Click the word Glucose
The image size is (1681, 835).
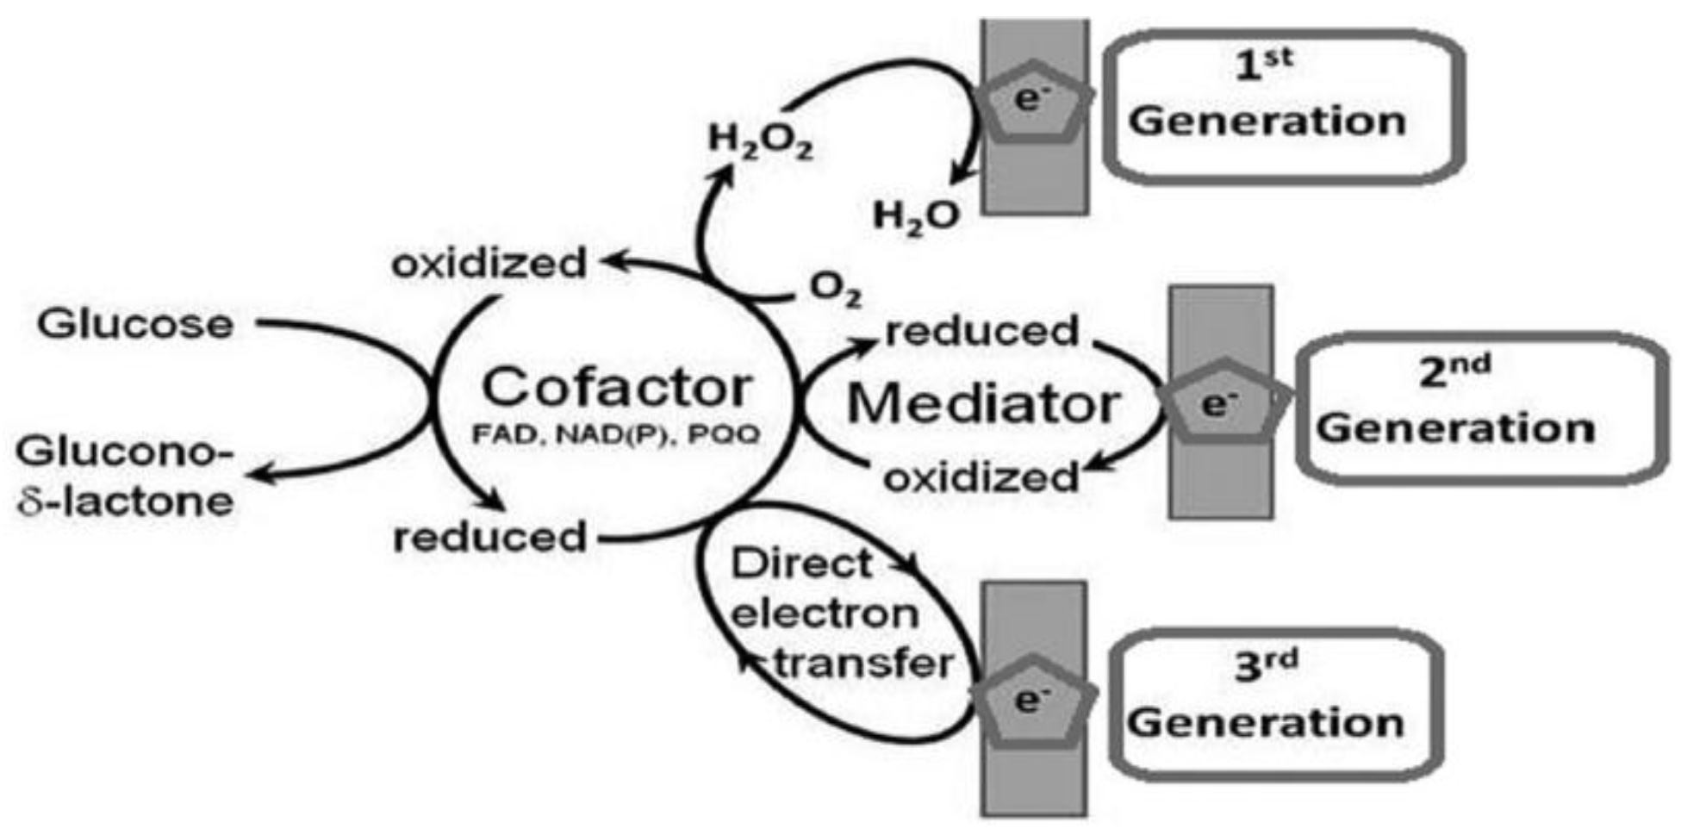pyautogui.click(x=135, y=325)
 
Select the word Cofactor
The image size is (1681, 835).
pyautogui.click(x=616, y=387)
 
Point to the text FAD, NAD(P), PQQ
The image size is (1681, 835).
pyautogui.click(x=616, y=434)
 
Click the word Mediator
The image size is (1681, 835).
pyautogui.click(x=983, y=402)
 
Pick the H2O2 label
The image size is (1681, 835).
pyautogui.click(x=760, y=141)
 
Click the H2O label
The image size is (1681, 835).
pyautogui.click(x=915, y=215)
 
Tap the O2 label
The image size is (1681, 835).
pyautogui.click(x=835, y=290)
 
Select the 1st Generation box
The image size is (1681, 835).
pyautogui.click(x=1284, y=107)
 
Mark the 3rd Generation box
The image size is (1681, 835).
pyautogui.click(x=1275, y=705)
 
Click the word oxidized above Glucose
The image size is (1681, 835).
pyautogui.click(x=489, y=264)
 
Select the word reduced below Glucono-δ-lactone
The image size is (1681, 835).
pyautogui.click(x=489, y=538)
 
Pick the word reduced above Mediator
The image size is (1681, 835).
pyautogui.click(x=982, y=331)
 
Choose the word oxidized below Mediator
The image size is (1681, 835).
pyautogui.click(x=981, y=477)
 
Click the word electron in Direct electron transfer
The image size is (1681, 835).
pyautogui.click(x=825, y=614)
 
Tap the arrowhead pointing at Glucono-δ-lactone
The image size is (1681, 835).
pyautogui.click(x=260, y=473)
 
